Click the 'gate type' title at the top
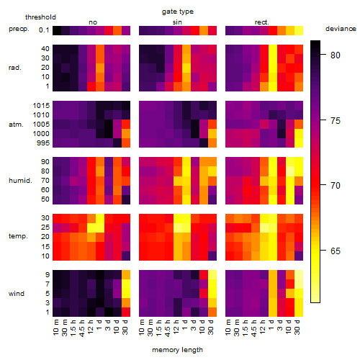click(178, 12)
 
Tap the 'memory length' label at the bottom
click(177, 350)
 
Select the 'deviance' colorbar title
click(341, 29)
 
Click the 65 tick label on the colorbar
click(336, 251)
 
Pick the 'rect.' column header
click(261, 22)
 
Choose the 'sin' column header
click(177, 22)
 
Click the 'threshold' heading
click(40, 17)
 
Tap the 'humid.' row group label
click(20, 181)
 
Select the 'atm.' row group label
click(16, 125)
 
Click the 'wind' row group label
click(17, 294)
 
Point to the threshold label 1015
click(41, 106)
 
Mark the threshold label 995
click(43, 143)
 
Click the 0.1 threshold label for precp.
click(44, 30)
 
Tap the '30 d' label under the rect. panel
click(297, 327)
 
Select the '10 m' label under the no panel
click(55, 328)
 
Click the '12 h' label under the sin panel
click(176, 327)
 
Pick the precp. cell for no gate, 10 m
click(57, 30)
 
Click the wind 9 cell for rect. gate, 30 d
click(299, 274)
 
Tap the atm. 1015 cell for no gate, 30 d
click(126, 106)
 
